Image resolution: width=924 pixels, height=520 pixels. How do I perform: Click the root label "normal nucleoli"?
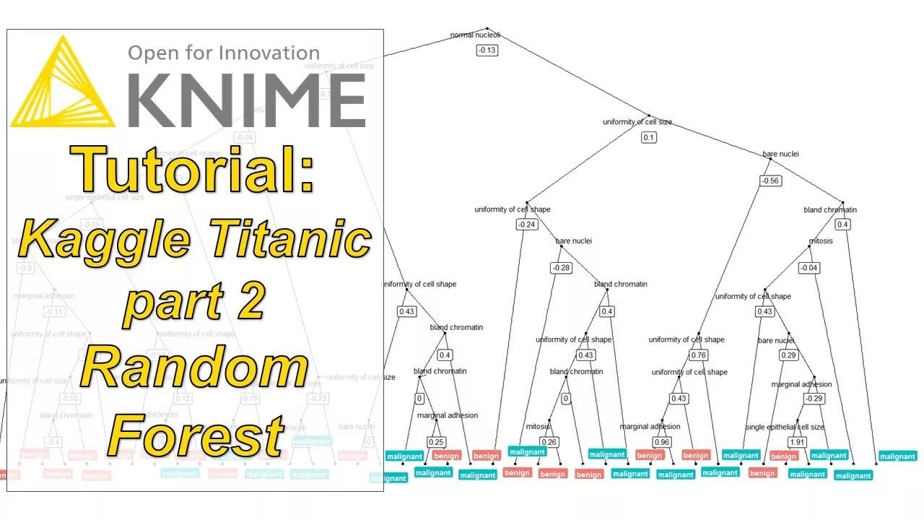474,35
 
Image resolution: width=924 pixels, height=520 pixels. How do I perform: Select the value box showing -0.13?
487,50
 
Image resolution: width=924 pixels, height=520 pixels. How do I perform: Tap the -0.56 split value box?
770,181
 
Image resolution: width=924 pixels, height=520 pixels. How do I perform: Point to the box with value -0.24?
527,225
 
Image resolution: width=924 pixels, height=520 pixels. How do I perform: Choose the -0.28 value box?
561,268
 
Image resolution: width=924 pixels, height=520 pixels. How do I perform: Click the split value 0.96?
662,441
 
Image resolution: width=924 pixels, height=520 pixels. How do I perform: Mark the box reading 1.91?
797,442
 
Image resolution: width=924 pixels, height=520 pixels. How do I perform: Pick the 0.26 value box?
549,442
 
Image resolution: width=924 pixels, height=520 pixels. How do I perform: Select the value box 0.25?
436,442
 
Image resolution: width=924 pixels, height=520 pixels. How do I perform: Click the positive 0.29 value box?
788,355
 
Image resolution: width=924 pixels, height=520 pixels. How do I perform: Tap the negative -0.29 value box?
814,399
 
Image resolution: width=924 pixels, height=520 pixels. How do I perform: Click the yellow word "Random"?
195,368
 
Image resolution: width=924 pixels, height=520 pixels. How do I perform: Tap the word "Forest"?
195,435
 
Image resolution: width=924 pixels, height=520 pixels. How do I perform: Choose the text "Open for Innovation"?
224,53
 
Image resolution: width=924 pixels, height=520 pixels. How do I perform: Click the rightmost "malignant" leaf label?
898,456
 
